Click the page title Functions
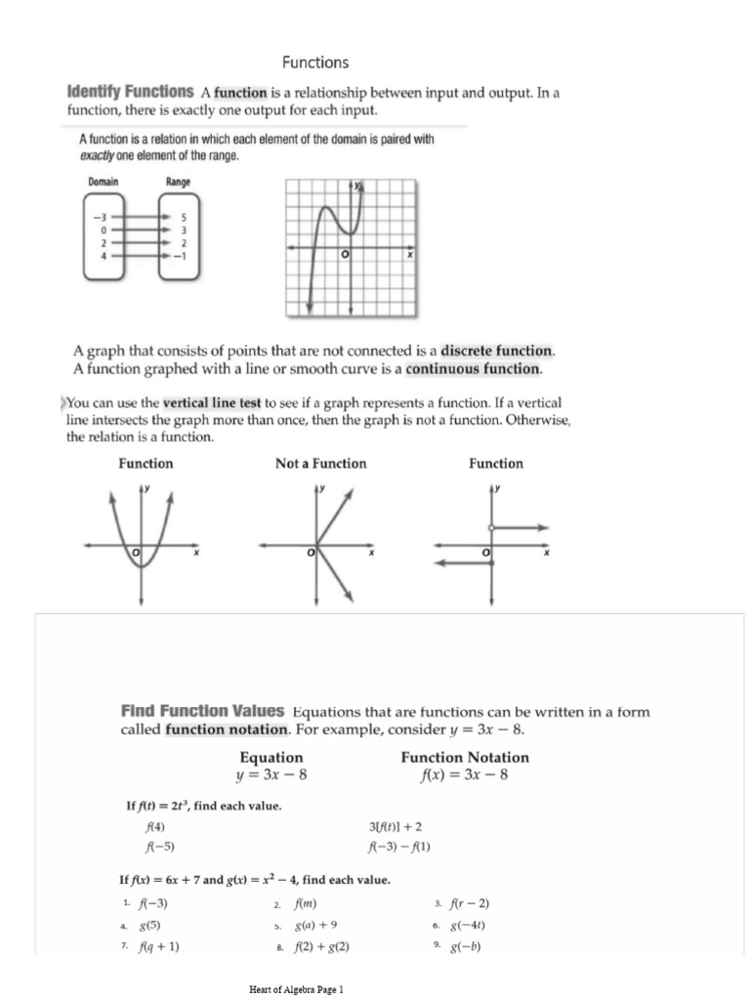pos(315,62)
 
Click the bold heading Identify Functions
pos(130,92)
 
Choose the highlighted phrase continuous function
pos(473,368)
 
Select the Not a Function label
pos(320,464)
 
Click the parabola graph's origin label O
pos(137,554)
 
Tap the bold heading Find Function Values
pos(202,711)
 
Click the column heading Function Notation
pos(465,757)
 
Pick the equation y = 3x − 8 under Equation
pos(271,775)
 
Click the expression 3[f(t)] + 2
pos(395,826)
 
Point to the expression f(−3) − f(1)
pos(398,846)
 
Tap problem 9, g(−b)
pos(465,946)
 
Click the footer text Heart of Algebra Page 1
pos(297,989)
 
